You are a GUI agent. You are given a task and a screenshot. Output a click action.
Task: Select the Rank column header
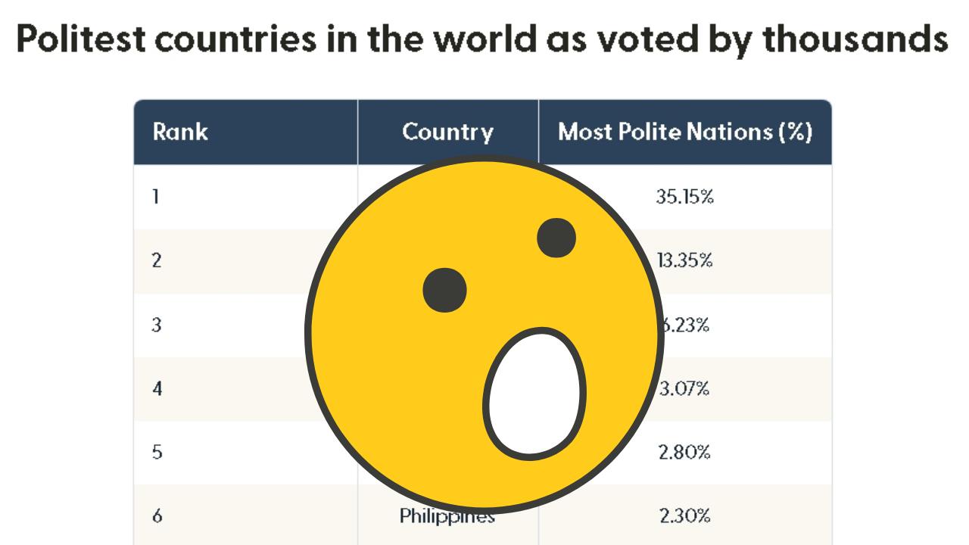(180, 132)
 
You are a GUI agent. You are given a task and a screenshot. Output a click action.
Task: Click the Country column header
(447, 132)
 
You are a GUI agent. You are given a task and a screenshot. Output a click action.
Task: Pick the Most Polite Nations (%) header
(685, 132)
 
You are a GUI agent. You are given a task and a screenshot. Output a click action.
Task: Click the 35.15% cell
(684, 198)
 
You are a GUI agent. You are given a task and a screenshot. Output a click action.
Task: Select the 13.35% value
(684, 261)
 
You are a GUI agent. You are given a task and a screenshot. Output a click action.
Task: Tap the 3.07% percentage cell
(684, 389)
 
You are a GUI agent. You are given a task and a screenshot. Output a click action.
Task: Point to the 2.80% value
(684, 453)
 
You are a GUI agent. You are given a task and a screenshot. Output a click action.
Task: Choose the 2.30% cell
(684, 517)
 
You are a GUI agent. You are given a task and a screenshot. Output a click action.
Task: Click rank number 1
(156, 198)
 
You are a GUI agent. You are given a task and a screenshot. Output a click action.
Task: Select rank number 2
(157, 261)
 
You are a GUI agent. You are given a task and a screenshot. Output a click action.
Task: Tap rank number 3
(157, 325)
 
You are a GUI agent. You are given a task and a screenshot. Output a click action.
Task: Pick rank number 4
(157, 389)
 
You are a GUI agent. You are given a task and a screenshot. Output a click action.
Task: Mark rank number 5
(157, 453)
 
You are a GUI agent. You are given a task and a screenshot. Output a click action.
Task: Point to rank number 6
(157, 517)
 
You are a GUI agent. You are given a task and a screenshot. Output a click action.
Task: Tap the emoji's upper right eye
(556, 238)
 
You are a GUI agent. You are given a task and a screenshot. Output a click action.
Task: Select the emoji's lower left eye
(444, 290)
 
